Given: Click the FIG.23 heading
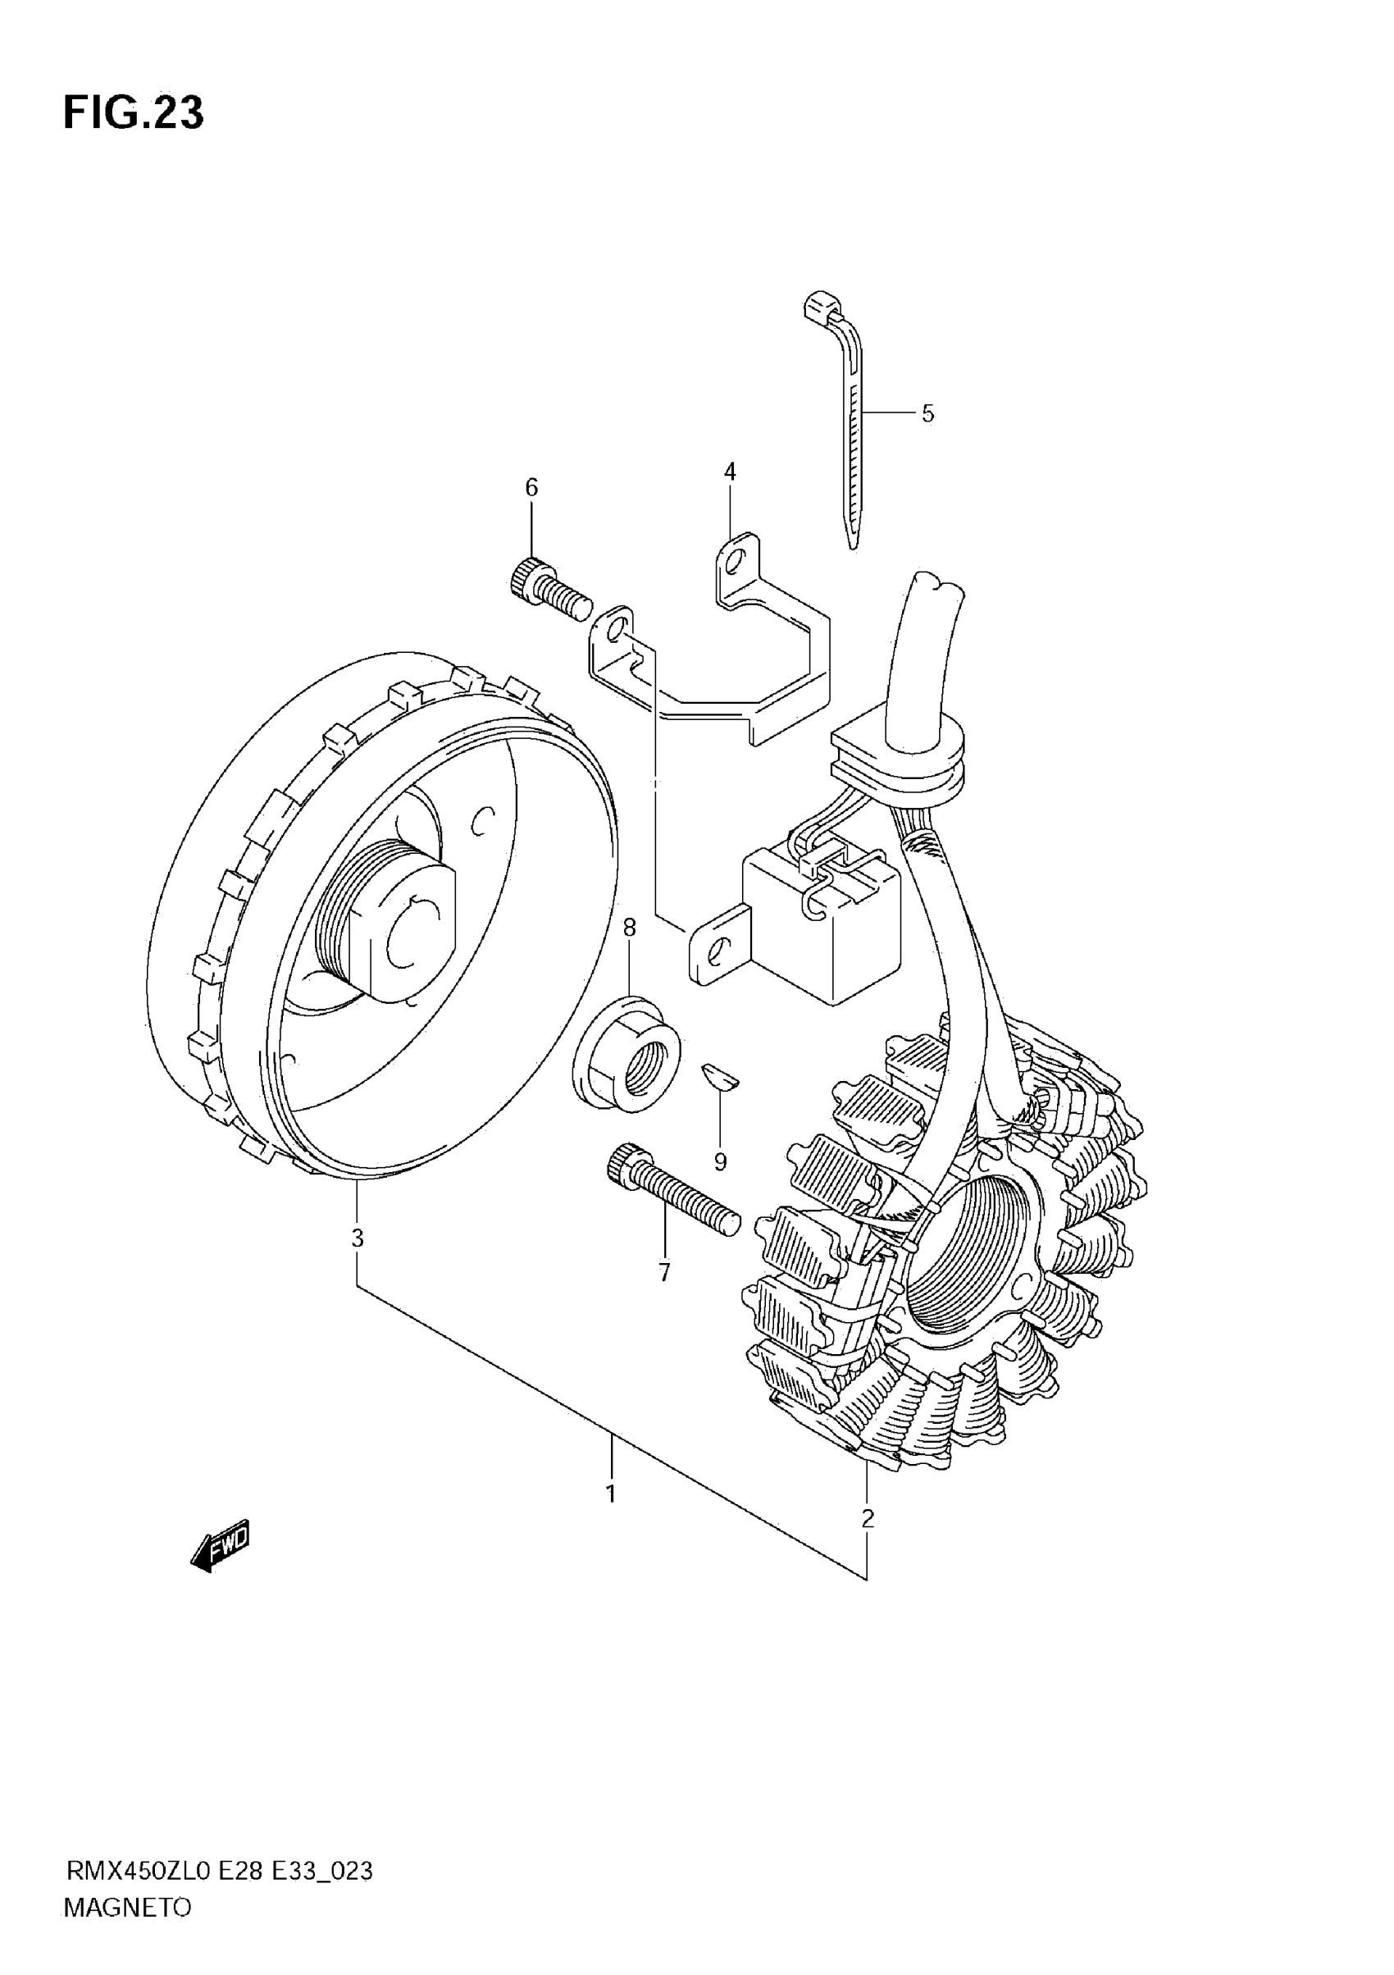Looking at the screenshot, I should point(134,112).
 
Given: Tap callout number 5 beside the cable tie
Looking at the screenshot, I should point(927,413).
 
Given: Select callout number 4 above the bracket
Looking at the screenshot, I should point(729,472).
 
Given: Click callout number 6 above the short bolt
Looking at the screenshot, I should point(531,488).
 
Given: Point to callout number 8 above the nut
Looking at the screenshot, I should point(630,928).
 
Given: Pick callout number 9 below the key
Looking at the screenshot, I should point(720,1162).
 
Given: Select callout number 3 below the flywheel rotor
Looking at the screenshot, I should point(357,1238).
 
